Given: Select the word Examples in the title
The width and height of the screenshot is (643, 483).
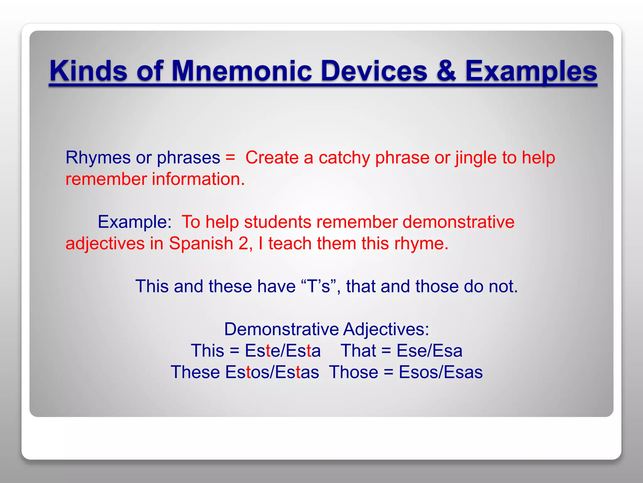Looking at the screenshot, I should tap(531, 72).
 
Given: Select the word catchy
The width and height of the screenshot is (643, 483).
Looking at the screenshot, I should tap(344, 158).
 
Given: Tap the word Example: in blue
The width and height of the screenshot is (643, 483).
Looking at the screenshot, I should tap(134, 222).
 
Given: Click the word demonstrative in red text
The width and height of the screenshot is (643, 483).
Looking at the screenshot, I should tap(458, 222).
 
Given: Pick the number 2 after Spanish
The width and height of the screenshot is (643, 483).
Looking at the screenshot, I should tap(243, 244).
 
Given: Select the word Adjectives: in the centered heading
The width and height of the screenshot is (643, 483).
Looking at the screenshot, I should tap(386, 330).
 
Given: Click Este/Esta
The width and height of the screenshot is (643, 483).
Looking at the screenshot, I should tap(283, 351).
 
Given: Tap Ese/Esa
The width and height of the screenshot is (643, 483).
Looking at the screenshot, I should tap(429, 351).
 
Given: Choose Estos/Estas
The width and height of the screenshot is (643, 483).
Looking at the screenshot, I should tap(272, 372).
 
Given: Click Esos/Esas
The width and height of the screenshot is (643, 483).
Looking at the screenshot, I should tap(440, 372).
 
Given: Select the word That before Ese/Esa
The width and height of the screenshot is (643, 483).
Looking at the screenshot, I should tap(358, 351).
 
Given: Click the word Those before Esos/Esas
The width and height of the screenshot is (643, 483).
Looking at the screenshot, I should tap(354, 372).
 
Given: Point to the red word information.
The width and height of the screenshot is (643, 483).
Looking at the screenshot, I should tap(198, 179).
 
